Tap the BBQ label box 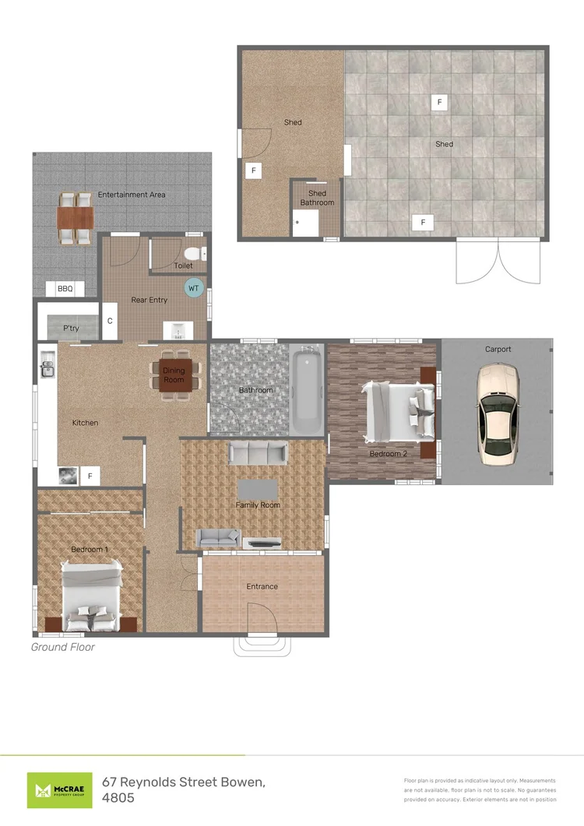point(65,289)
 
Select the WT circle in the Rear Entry point(194,288)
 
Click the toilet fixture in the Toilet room point(195,253)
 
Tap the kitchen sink point(47,364)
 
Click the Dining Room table point(175,375)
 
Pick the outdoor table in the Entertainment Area point(76,217)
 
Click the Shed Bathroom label point(317,198)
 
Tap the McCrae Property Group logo point(59,790)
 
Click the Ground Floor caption point(63,647)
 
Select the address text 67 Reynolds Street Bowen point(184,782)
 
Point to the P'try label point(71,329)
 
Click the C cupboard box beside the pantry point(110,321)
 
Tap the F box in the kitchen point(90,476)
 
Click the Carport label point(498,350)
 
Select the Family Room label point(258,504)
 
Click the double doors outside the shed point(498,261)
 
